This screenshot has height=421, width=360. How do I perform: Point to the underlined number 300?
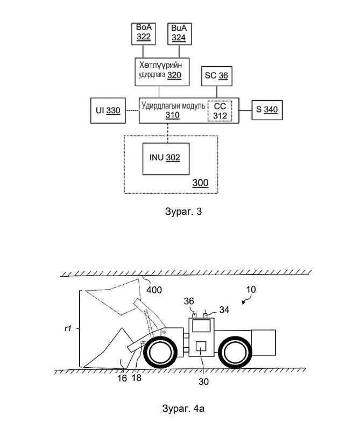pyautogui.click(x=200, y=183)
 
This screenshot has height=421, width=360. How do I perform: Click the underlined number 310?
pyautogui.click(x=172, y=115)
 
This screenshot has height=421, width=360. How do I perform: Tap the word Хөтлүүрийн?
pyautogui.click(x=160, y=65)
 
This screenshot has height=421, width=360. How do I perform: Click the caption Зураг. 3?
pyautogui.click(x=183, y=212)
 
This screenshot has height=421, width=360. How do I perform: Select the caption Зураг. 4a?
pyautogui.click(x=183, y=409)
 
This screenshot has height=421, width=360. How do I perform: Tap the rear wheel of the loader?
pyautogui.click(x=235, y=352)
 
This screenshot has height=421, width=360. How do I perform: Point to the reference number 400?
pyautogui.click(x=154, y=290)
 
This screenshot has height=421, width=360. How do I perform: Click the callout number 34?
pyautogui.click(x=224, y=310)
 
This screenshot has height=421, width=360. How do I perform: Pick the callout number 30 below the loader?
pyautogui.click(x=203, y=382)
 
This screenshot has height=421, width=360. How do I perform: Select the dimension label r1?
pyautogui.click(x=68, y=328)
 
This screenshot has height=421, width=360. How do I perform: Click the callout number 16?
pyautogui.click(x=122, y=378)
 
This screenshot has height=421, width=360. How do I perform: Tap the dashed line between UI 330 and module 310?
pyautogui.click(x=132, y=110)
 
